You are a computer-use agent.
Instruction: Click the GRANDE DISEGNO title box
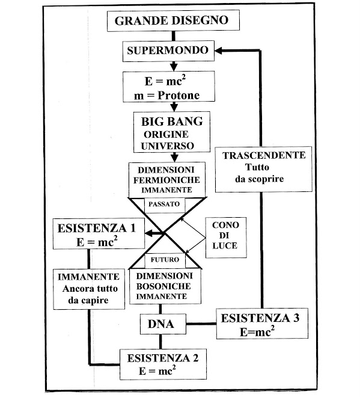point(173,20)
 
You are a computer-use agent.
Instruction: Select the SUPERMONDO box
point(168,51)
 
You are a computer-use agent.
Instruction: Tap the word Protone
point(178,95)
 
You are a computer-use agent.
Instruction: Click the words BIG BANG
point(172,122)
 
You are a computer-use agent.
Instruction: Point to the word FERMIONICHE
point(166,180)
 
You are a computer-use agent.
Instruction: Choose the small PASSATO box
point(165,205)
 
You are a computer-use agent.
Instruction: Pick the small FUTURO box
point(165,260)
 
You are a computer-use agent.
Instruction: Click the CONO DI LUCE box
point(226,238)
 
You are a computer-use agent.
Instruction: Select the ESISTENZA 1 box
point(99,234)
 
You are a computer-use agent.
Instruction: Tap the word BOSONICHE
point(163,286)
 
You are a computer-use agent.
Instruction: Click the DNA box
point(163,324)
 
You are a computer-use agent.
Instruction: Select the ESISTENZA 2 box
point(163,364)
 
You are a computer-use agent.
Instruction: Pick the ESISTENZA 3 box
point(262,324)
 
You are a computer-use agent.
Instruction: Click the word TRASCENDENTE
point(264,155)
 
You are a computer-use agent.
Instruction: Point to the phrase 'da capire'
point(88,300)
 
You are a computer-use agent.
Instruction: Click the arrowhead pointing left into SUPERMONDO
point(218,51)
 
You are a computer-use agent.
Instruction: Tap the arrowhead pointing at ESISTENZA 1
point(148,233)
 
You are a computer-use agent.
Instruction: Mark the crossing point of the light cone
point(165,233)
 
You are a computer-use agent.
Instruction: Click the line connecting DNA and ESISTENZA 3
point(201,324)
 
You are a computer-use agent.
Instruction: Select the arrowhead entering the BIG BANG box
point(174,108)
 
